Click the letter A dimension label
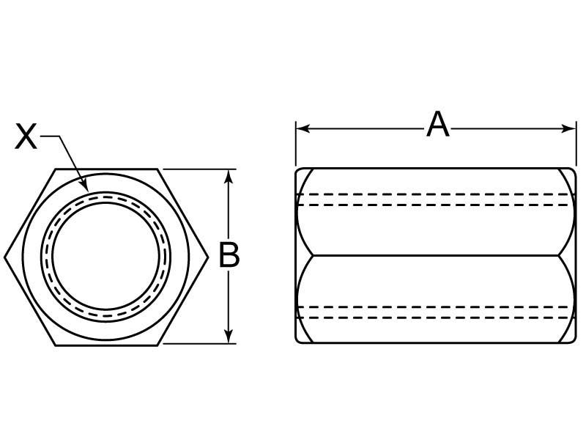437,125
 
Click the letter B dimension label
230,255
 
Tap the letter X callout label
26,137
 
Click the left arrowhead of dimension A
301,128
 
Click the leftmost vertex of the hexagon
5,257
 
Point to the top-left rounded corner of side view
299,173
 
